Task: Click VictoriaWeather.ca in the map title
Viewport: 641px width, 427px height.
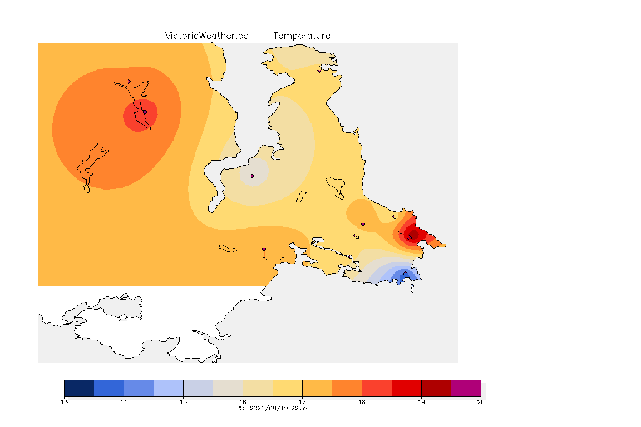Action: pyautogui.click(x=207, y=36)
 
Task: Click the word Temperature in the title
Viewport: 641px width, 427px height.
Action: pyautogui.click(x=302, y=36)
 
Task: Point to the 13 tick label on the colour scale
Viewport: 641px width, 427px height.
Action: pyautogui.click(x=65, y=402)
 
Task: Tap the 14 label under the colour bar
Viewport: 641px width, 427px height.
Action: pyautogui.click(x=124, y=402)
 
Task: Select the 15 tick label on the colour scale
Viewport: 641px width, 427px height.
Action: pyautogui.click(x=184, y=402)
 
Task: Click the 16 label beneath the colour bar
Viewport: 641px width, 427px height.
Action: pyautogui.click(x=243, y=402)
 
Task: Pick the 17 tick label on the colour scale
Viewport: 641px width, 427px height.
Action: pyautogui.click(x=303, y=402)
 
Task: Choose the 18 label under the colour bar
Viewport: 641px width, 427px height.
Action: pyautogui.click(x=362, y=402)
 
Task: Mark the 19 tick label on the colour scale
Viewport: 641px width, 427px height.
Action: pyautogui.click(x=421, y=402)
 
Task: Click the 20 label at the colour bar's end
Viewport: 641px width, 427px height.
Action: pyautogui.click(x=481, y=402)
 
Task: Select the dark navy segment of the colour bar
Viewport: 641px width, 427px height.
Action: pyautogui.click(x=80, y=388)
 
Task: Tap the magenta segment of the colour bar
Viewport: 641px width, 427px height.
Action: pyautogui.click(x=466, y=388)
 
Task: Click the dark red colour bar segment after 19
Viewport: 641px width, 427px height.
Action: pyautogui.click(x=436, y=388)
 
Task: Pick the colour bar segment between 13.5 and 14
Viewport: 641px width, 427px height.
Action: pyautogui.click(x=109, y=388)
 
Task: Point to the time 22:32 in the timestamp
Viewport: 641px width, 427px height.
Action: pyautogui.click(x=299, y=408)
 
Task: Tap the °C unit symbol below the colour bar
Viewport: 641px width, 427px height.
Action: pyautogui.click(x=241, y=408)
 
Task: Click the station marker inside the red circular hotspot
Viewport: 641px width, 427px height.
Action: pyautogui.click(x=145, y=112)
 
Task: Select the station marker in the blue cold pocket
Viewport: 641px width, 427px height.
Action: pyautogui.click(x=405, y=274)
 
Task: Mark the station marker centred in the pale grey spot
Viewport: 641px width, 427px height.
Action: pyautogui.click(x=252, y=176)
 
